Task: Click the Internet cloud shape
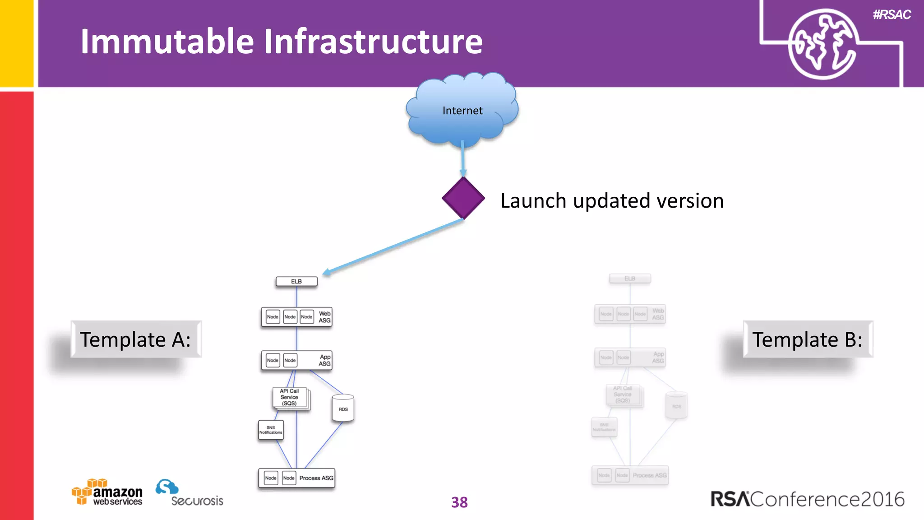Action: (462, 111)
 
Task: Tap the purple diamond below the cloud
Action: (463, 198)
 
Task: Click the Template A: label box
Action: (135, 339)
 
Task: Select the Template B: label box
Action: (808, 339)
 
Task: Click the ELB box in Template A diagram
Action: (296, 281)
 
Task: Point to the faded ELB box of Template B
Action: (630, 279)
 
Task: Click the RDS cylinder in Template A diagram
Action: (343, 408)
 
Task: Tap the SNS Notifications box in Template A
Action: (271, 430)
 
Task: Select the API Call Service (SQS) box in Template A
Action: (290, 397)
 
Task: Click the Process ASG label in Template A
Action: (316, 478)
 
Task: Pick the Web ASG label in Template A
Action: (324, 317)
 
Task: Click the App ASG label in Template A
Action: (325, 360)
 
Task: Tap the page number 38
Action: (459, 502)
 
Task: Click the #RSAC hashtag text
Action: (892, 15)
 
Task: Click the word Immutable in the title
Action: (167, 42)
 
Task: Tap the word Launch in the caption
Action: (533, 201)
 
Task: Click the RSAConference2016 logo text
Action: (808, 499)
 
